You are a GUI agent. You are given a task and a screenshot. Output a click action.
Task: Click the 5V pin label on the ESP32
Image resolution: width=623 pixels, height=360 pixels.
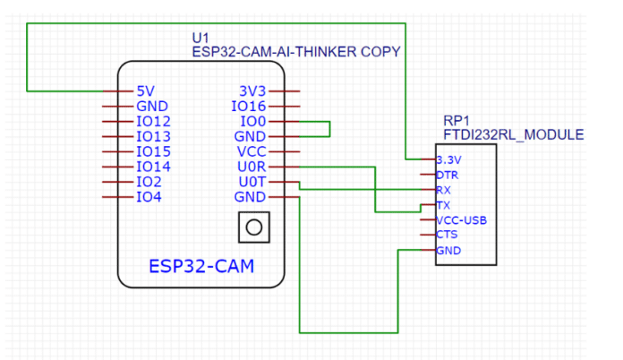point(146,91)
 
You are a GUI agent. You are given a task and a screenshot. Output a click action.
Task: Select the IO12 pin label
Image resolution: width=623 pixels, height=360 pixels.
point(152,122)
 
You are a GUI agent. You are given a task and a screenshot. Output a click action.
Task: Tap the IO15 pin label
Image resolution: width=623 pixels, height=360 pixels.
point(152,151)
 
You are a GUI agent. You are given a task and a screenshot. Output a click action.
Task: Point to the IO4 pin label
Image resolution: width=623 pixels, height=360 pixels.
point(149,197)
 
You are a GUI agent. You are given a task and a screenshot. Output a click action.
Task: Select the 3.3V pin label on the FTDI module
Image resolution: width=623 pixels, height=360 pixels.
point(448,159)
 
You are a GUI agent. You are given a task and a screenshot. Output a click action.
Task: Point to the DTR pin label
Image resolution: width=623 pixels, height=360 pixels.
point(447,175)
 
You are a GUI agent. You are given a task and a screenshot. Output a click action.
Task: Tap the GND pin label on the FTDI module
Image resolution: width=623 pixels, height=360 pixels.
point(448,251)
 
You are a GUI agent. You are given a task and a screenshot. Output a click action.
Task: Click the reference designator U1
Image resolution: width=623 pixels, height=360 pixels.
point(201,37)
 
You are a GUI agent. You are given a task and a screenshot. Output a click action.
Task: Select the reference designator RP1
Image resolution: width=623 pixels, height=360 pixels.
point(457,120)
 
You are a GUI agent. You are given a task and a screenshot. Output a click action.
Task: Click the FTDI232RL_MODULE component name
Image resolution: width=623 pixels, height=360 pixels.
point(513,134)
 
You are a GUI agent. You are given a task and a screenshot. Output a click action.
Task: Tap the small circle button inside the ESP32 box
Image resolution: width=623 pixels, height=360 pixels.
point(253,227)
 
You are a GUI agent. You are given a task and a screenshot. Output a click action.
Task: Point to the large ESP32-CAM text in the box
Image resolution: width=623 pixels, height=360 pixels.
point(201,266)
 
